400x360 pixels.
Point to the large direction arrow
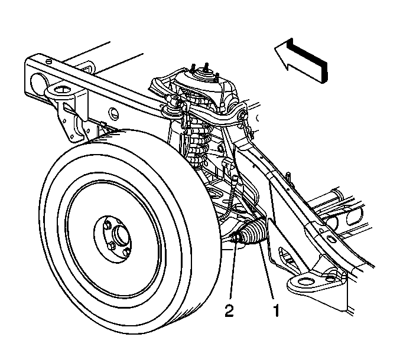point(301,61)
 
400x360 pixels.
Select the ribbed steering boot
point(253,233)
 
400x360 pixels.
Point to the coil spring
point(198,138)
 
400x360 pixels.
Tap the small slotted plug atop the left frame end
point(50,61)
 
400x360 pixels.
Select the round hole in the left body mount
point(61,90)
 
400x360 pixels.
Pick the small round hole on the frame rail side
point(114,113)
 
